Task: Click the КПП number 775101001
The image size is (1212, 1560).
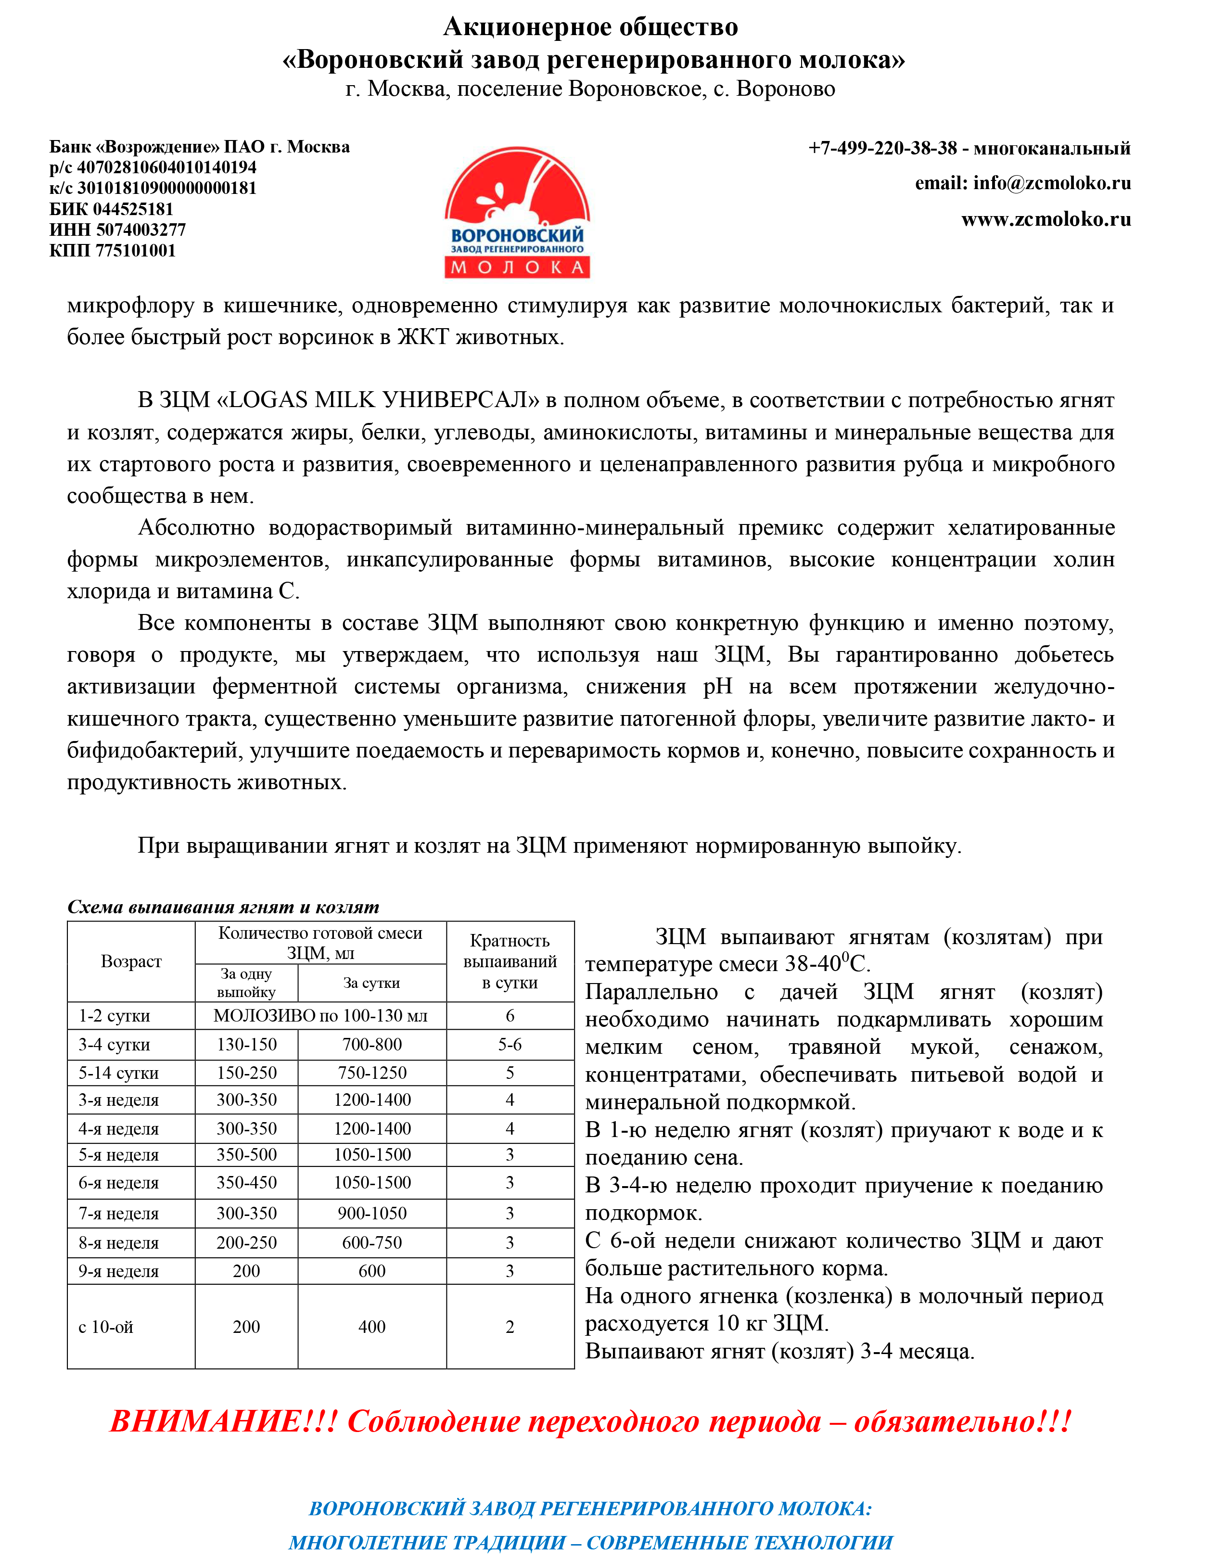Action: pos(136,251)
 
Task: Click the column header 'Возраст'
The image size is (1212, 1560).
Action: pos(131,961)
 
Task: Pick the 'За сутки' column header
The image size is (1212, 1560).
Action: pos(371,983)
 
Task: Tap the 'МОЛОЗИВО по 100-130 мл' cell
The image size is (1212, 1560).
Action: pos(320,1016)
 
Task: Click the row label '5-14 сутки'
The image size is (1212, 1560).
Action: pos(118,1073)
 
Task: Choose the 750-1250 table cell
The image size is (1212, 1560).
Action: pos(371,1073)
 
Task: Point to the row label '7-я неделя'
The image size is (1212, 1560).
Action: pos(118,1214)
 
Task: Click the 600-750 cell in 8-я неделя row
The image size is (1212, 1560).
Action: pos(371,1243)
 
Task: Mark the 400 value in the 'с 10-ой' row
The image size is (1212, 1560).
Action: pos(371,1327)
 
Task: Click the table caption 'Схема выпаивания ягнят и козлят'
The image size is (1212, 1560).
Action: pos(223,907)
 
